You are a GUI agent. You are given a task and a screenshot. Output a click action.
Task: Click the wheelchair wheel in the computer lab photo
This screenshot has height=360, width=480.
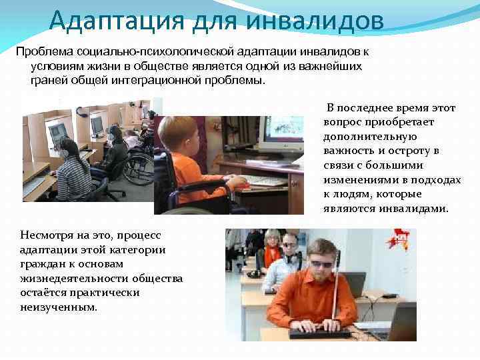133,170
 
